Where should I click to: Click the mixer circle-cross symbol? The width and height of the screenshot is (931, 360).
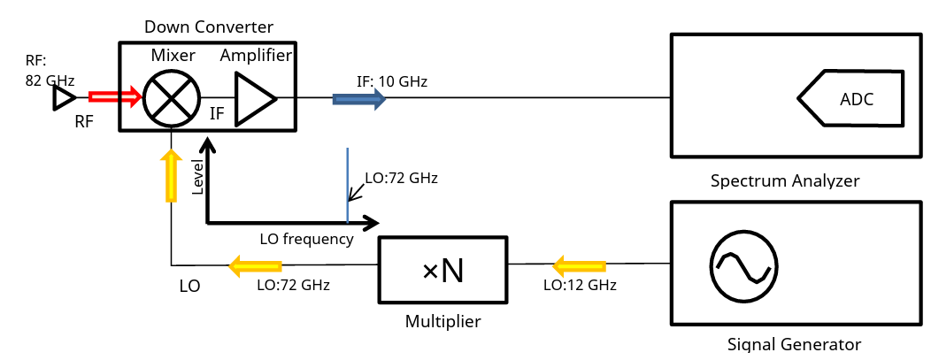172,97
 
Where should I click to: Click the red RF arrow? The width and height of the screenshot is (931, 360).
114,96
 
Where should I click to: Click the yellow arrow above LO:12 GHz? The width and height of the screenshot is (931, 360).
579,264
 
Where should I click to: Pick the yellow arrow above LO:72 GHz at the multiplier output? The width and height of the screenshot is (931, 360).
256,264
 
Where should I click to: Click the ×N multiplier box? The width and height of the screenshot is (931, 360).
442,270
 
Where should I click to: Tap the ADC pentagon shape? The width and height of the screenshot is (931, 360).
850,98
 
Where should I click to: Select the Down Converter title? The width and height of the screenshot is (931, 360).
209,27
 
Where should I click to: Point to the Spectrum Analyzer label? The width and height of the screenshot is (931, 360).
785,181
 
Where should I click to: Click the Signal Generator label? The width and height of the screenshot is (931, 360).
794,344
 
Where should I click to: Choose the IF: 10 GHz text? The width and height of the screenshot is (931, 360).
392,81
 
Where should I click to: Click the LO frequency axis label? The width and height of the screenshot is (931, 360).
307,239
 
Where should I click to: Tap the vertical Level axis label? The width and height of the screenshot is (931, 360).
197,176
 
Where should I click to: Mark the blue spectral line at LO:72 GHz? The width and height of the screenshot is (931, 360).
348,186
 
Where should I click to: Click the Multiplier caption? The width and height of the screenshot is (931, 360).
442,321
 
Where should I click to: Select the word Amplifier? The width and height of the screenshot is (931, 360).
256,56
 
